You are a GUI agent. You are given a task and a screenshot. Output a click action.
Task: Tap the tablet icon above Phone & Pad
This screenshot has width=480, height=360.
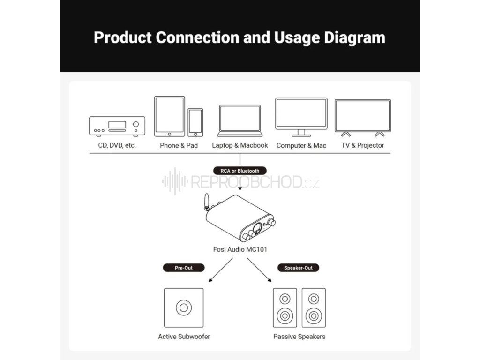point(169,116)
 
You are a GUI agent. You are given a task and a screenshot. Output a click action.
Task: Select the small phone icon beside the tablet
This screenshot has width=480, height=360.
point(195,122)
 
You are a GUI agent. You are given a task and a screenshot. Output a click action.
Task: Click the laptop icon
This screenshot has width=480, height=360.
point(240,120)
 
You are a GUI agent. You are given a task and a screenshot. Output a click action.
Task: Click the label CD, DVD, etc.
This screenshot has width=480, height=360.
point(117,145)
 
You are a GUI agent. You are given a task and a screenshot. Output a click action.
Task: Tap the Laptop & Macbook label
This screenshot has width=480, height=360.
point(240,145)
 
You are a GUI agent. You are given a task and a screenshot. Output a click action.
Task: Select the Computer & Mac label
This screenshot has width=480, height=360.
point(301,145)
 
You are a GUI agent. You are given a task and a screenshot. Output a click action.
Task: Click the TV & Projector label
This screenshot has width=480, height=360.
point(362,145)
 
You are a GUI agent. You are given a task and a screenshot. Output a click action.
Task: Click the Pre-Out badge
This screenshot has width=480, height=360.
point(184,268)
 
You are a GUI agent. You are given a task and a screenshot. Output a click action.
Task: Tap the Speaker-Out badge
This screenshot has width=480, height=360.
point(298,268)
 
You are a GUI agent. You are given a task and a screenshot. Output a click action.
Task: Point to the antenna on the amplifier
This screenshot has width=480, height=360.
point(205,204)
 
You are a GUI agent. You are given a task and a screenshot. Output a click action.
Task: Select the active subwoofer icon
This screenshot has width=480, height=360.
point(184,307)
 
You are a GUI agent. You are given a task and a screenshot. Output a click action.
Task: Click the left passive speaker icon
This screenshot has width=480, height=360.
point(285,307)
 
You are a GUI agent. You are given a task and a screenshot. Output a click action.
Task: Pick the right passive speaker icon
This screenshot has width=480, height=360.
point(314,307)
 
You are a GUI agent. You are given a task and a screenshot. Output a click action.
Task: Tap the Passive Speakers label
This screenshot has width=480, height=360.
point(299,337)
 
